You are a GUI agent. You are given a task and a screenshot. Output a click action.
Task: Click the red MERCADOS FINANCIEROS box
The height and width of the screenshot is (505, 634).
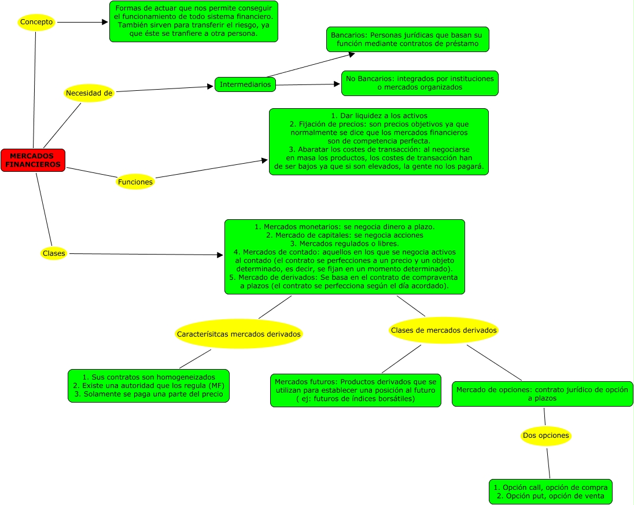33,160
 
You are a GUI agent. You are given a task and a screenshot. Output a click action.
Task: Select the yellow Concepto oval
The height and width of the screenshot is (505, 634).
36,22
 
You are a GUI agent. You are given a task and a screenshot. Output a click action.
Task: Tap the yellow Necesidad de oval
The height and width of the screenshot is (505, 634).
89,93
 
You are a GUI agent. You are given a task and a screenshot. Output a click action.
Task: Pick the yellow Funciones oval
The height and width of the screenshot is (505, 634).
135,182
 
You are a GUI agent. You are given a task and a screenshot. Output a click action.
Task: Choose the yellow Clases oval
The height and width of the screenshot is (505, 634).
54,253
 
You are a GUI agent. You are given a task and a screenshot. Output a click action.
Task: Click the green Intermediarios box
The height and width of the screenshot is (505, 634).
245,84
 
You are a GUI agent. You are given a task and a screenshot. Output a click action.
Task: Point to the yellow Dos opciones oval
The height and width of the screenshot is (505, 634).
545,436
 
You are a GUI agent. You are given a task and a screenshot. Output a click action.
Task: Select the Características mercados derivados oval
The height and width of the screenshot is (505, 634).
239,334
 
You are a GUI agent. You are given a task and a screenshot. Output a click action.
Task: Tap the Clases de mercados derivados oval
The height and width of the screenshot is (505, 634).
444,330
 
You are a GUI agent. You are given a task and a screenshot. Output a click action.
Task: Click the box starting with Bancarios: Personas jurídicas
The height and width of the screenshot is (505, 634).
408,39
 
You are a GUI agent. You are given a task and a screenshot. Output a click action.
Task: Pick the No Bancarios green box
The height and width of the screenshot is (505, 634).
419,83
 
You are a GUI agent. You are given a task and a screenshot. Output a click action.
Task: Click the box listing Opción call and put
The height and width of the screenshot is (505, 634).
550,492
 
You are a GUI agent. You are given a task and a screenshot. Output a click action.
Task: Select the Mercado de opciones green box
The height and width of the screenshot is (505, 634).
542,394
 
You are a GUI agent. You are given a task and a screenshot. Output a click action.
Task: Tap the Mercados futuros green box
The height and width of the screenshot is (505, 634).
356,390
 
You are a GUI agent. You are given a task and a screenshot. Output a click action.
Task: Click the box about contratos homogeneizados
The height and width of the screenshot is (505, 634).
149,386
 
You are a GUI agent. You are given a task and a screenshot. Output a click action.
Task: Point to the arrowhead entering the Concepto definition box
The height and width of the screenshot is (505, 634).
105,22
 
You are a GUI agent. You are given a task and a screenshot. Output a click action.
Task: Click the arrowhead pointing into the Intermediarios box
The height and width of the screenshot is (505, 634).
211,87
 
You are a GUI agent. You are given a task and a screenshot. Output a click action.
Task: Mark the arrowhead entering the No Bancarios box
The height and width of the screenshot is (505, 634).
337,84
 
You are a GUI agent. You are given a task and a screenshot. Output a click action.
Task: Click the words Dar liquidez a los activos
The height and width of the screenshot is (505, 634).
379,116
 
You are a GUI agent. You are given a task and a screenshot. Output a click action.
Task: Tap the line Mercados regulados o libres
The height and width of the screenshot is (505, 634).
344,244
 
